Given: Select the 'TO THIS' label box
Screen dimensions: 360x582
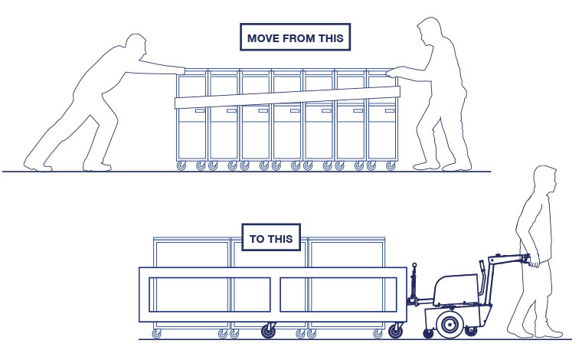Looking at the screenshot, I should (x=271, y=239).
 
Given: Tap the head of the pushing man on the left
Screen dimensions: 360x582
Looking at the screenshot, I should (x=136, y=47).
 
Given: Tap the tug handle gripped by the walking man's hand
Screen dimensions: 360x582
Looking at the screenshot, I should (x=528, y=261).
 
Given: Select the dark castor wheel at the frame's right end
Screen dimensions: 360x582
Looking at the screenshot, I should (x=396, y=331).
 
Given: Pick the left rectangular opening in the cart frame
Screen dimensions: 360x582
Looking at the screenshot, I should (x=209, y=294).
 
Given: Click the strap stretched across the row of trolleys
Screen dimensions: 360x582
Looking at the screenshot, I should (x=287, y=97).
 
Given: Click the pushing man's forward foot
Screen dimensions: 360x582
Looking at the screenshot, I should (x=98, y=165).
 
